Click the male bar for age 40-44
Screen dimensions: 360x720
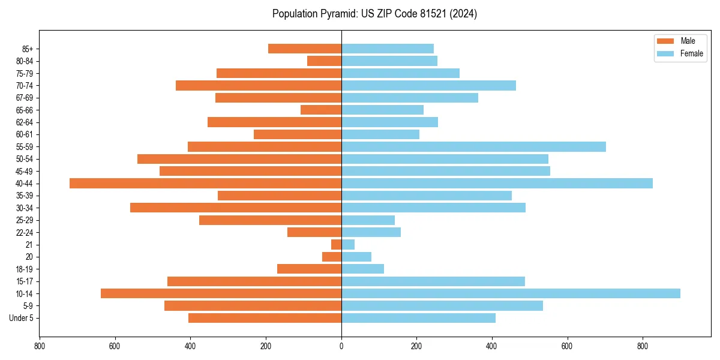pos(205,184)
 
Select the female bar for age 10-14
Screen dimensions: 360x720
pos(511,293)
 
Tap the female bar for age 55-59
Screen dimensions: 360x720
pos(473,147)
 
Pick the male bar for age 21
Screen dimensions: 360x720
pos(337,245)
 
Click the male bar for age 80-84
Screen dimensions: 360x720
pos(325,61)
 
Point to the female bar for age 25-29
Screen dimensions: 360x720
pos(368,220)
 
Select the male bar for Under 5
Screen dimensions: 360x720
pos(265,318)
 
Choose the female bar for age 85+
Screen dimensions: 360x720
pos(388,49)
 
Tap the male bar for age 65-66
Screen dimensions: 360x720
pos(321,110)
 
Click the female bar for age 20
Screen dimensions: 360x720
pos(356,257)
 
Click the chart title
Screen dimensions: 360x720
pos(374,14)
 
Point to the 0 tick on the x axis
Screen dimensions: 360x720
pos(341,346)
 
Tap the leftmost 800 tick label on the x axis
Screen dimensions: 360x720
pos(40,346)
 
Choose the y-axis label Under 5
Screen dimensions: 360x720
pos(22,318)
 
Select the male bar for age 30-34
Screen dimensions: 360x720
pos(236,208)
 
